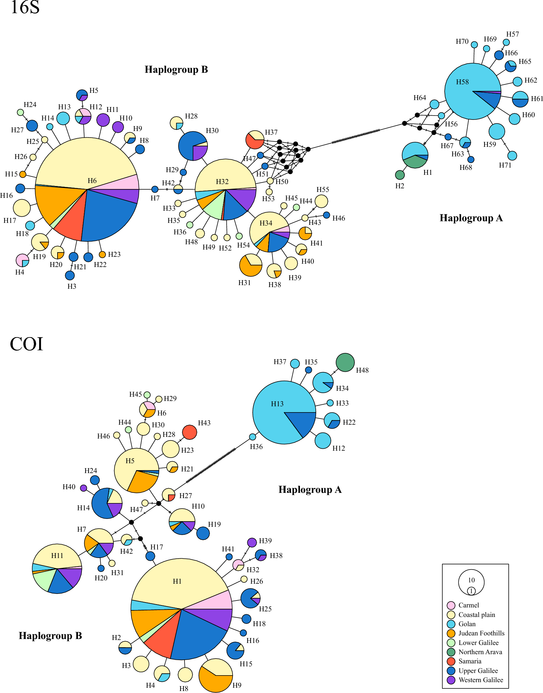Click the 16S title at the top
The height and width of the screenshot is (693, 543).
25,7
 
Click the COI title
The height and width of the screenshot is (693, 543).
26,344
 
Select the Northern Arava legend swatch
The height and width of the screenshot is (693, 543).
451,652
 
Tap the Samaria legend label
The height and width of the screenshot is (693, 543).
470,661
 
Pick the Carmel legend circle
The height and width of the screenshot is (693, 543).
451,605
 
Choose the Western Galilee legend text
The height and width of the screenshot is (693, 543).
481,680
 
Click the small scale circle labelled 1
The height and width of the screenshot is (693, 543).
471,591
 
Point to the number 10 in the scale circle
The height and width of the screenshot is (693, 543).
471,580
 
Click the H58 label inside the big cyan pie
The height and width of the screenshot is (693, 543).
462,82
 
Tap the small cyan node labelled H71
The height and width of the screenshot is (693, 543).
512,156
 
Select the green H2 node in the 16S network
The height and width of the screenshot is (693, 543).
400,175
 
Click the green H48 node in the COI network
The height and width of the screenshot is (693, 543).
345,362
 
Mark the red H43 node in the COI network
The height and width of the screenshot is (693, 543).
189,432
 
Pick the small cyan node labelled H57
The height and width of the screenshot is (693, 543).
506,42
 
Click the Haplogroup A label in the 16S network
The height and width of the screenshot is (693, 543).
471,218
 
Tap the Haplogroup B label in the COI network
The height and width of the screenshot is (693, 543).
50,636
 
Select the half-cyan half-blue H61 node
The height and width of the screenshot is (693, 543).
520,99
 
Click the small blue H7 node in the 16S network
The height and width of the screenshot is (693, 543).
155,189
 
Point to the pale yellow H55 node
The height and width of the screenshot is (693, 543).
321,201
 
